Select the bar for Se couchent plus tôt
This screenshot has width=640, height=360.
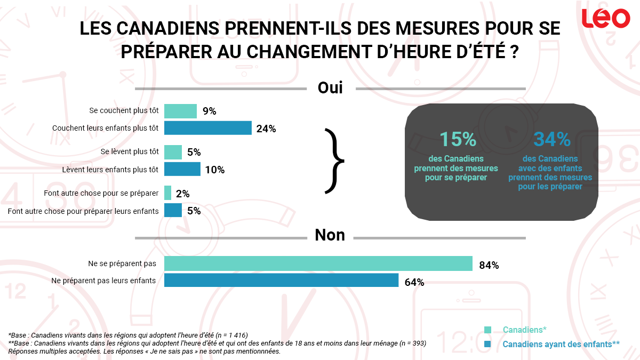(180, 111)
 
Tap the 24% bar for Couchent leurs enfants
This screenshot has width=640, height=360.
(207, 128)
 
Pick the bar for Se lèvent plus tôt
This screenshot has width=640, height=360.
(173, 152)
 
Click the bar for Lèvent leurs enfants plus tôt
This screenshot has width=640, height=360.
(182, 169)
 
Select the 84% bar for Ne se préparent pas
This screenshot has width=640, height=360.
(318, 263)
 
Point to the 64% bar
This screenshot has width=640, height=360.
(281, 281)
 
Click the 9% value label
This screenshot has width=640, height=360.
(209, 111)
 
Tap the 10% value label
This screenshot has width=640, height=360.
(215, 170)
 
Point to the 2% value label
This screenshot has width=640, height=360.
(183, 194)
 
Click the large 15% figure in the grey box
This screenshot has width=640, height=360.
(457, 139)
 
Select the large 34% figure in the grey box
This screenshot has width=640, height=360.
(551, 139)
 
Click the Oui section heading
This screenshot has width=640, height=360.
(330, 87)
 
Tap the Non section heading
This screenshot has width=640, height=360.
(330, 235)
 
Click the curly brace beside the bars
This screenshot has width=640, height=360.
(334, 160)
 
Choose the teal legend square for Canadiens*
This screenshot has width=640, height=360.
(487, 330)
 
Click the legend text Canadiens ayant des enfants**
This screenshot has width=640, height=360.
(561, 345)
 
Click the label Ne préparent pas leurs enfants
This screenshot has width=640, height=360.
(103, 281)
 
